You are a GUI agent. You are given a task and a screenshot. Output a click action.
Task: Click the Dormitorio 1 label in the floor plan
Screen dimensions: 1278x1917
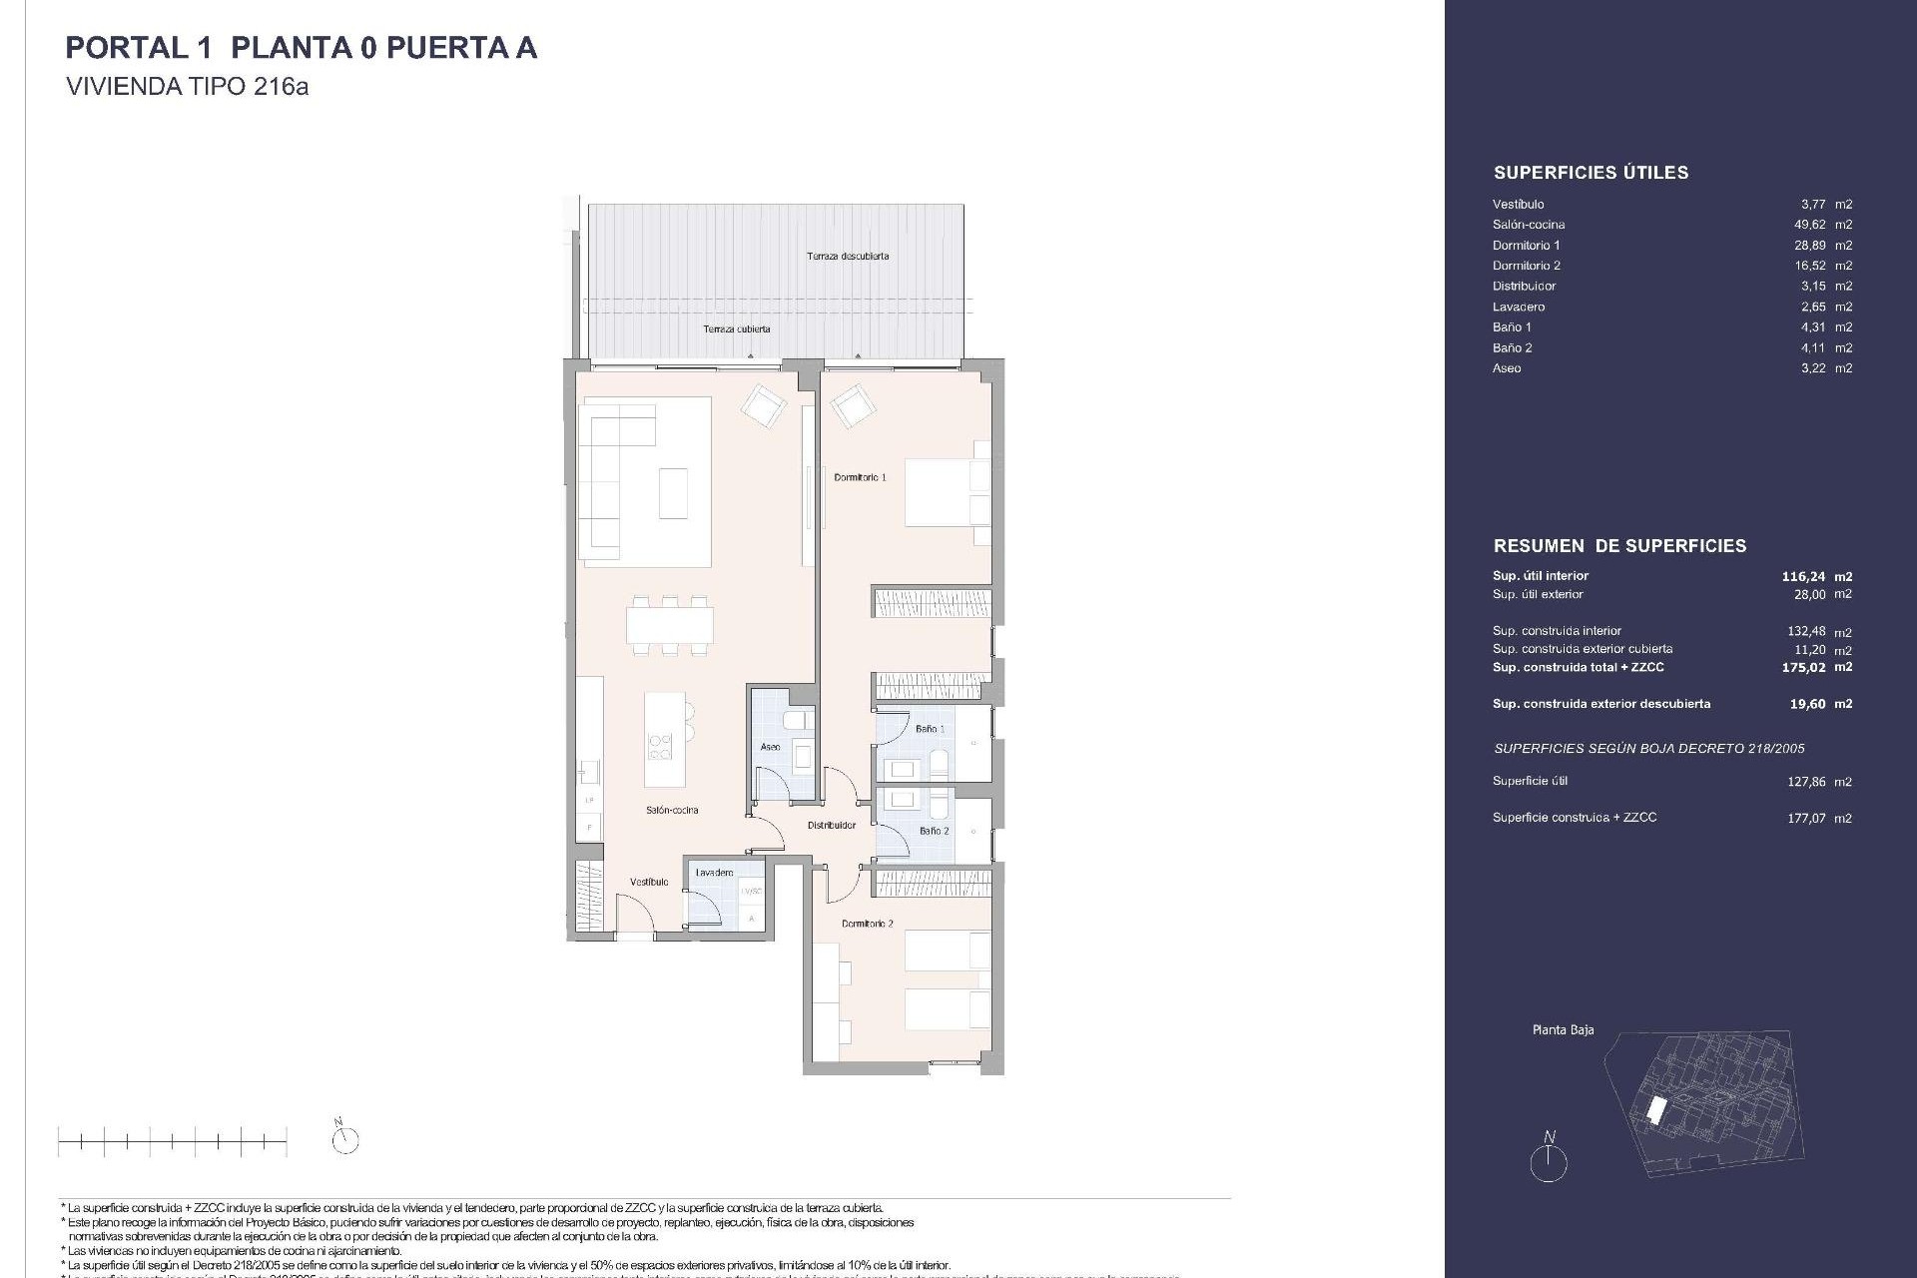(860, 477)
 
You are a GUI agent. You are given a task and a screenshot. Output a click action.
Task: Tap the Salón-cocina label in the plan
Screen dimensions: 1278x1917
(672, 810)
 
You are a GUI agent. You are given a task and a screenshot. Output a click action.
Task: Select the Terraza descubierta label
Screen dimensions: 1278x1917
(848, 256)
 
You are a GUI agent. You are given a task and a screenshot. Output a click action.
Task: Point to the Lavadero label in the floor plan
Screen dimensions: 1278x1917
(714, 873)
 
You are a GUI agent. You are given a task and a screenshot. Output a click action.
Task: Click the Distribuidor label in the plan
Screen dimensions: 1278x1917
(832, 826)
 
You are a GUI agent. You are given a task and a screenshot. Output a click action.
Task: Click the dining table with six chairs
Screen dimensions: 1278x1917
(670, 625)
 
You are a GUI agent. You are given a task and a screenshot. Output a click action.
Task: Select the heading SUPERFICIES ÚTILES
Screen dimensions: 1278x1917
(1591, 173)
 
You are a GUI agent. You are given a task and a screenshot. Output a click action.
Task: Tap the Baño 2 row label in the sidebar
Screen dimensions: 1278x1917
(1512, 347)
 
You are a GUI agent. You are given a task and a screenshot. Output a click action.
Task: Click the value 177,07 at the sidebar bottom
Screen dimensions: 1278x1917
(1807, 818)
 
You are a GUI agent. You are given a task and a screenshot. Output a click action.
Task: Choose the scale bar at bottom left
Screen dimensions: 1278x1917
(172, 1140)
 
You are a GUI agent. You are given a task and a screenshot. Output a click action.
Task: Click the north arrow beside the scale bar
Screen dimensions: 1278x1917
(345, 1138)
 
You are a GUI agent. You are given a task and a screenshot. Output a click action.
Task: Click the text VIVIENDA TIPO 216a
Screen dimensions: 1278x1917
(187, 87)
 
